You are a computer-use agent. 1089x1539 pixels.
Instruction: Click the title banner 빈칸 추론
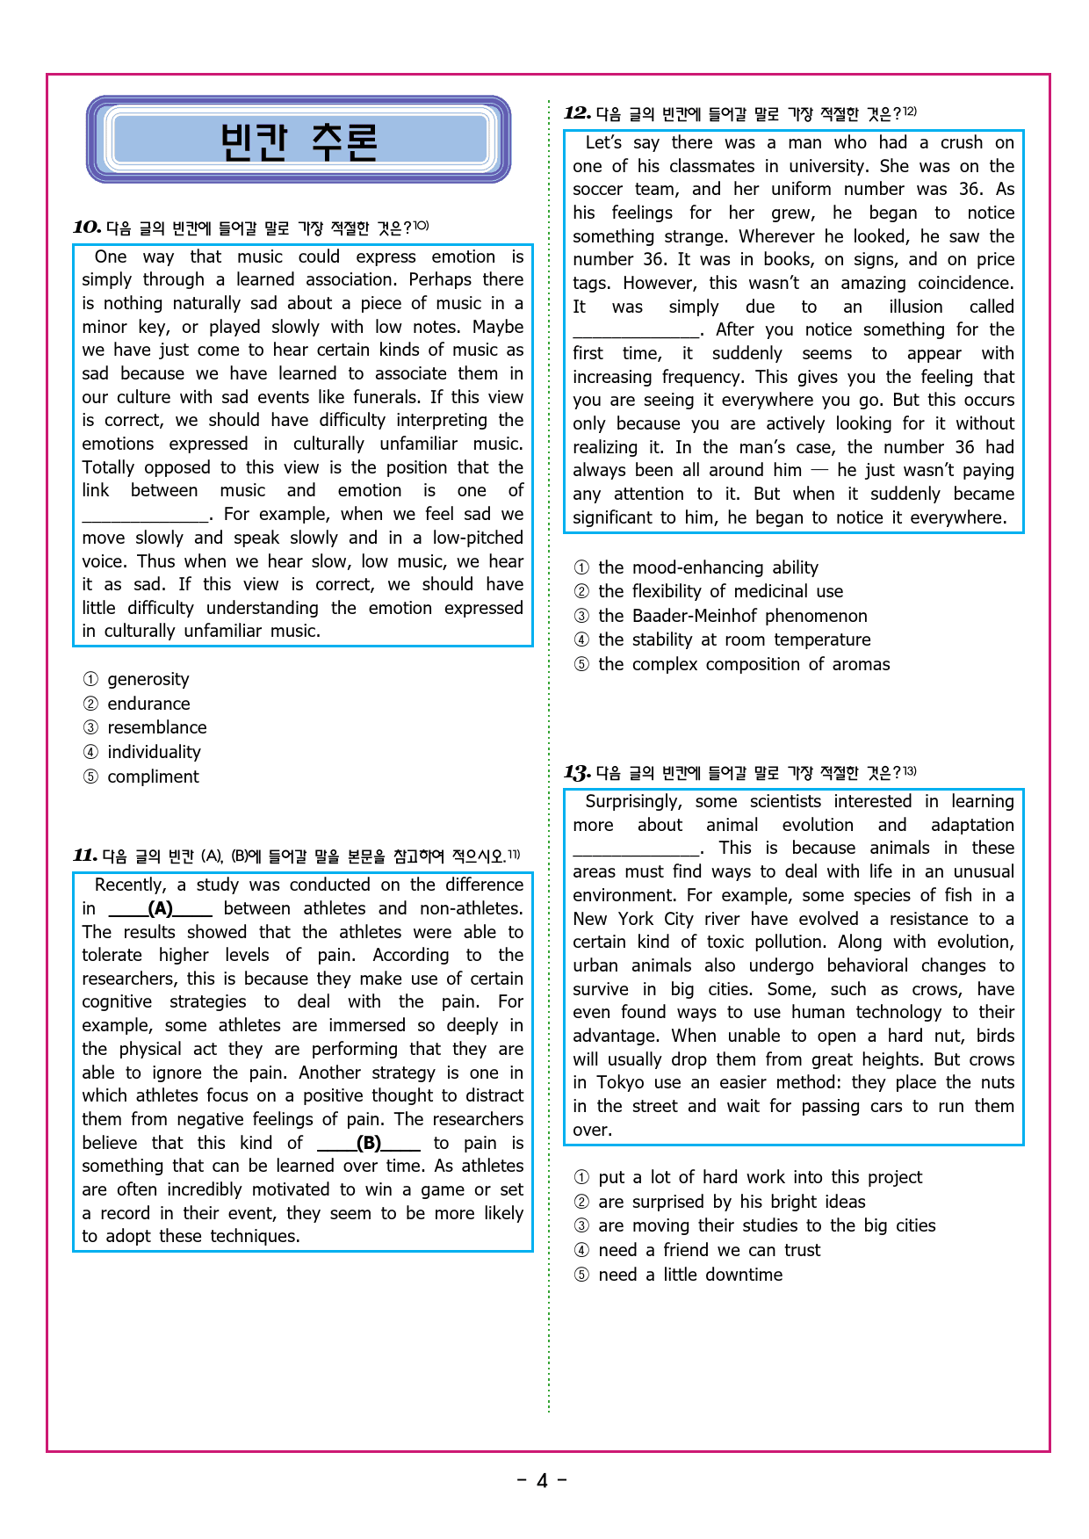299,141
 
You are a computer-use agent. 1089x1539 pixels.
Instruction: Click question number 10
87,228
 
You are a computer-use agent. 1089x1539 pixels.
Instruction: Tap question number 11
85,856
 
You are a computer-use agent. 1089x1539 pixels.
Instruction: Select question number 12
577,113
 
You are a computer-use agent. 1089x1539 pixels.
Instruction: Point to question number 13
577,773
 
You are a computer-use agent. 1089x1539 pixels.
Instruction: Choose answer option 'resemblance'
156,727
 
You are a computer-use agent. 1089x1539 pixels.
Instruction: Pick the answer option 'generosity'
148,679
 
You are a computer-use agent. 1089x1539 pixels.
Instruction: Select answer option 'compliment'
153,777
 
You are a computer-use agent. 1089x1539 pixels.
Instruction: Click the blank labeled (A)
160,908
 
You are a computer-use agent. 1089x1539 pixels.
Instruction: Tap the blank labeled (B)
368,1143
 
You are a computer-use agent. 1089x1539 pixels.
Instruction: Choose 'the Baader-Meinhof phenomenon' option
732,616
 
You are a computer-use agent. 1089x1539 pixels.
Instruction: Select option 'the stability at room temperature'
734,639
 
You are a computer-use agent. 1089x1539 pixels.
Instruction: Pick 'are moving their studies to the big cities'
767,1225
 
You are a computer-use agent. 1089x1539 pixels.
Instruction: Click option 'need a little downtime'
690,1275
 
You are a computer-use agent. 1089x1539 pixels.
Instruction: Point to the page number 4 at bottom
542,1481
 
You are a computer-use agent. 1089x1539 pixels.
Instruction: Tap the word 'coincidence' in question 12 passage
964,283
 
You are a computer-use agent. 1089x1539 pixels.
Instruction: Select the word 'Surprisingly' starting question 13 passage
632,801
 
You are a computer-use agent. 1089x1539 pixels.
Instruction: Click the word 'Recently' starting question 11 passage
130,885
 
